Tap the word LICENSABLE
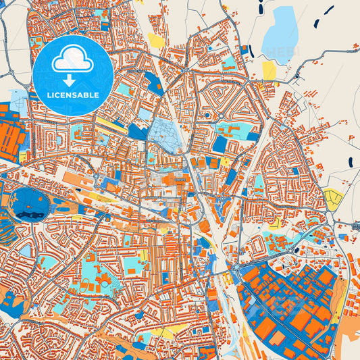(x=72, y=95)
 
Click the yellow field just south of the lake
(x=269, y=70)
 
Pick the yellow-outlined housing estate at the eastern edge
(x=333, y=199)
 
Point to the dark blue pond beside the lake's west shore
(x=251, y=51)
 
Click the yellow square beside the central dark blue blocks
(x=225, y=161)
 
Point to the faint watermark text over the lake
(x=277, y=51)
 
